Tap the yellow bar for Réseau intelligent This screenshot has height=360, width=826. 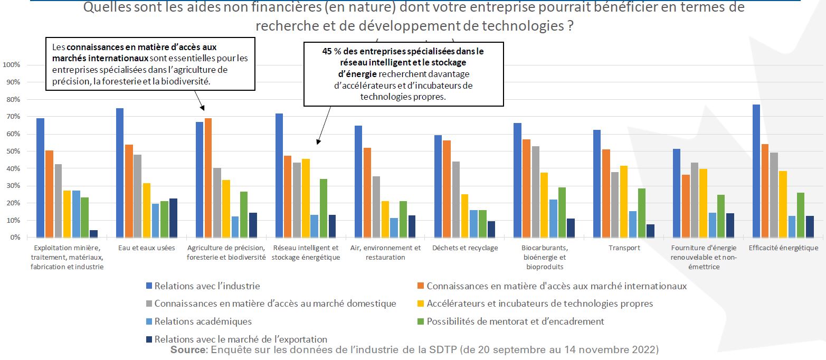tap(306, 198)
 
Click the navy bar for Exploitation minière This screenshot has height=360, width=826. tap(94, 234)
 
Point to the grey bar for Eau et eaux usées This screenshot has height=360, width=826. tap(138, 196)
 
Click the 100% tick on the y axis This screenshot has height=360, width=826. tap(12, 65)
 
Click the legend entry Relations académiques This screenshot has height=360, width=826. tap(203, 321)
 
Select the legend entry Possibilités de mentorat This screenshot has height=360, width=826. tap(515, 321)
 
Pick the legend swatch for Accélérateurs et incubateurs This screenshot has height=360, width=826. tap(421, 304)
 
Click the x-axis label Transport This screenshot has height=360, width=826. tap(624, 248)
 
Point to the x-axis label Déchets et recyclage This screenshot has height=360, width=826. tap(465, 248)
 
